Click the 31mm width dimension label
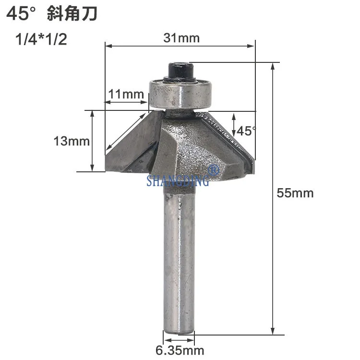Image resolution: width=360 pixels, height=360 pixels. [x=181, y=38]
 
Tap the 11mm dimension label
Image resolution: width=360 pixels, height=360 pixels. [x=126, y=94]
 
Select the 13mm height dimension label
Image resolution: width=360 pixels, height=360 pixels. [x=72, y=141]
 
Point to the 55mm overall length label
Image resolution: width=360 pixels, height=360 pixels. [x=295, y=193]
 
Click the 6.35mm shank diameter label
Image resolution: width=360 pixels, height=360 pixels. [x=180, y=350]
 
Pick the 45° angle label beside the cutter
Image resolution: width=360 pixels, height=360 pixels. [x=246, y=131]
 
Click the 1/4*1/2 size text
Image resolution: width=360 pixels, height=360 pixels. [x=41, y=39]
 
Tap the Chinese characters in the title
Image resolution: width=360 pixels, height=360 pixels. [x=72, y=14]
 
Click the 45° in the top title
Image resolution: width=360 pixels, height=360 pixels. [x=21, y=14]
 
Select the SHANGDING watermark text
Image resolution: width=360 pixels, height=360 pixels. [x=178, y=180]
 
